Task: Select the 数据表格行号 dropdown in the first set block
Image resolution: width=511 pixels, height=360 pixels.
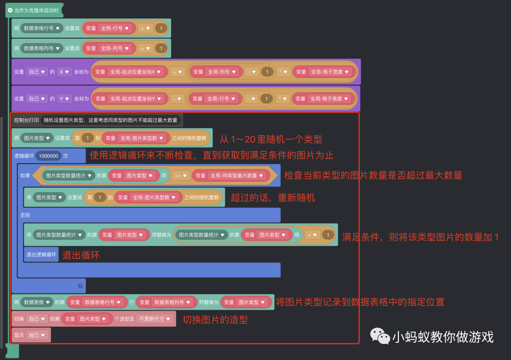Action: point(42,28)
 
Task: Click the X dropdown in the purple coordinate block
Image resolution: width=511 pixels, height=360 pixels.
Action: point(63,72)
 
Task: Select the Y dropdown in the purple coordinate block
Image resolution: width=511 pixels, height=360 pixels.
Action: point(63,99)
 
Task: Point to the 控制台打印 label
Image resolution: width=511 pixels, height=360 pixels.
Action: point(26,120)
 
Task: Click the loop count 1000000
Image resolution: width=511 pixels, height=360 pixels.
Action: point(48,156)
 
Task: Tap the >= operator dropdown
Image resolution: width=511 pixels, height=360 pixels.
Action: point(180,176)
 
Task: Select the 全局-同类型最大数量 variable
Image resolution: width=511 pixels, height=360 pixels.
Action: point(229,176)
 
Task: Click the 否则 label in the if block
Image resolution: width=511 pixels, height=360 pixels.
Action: point(25,215)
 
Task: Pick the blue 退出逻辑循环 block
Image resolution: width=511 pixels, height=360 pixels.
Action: point(41,255)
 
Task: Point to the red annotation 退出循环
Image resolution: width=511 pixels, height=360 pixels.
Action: point(81,255)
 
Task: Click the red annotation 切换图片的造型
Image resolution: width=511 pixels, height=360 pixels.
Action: point(215,319)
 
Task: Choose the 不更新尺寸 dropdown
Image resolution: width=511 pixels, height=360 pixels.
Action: point(155,319)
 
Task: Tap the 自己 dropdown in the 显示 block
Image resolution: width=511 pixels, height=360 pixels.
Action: point(37,335)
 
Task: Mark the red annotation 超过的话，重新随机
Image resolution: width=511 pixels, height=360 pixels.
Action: point(273,197)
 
